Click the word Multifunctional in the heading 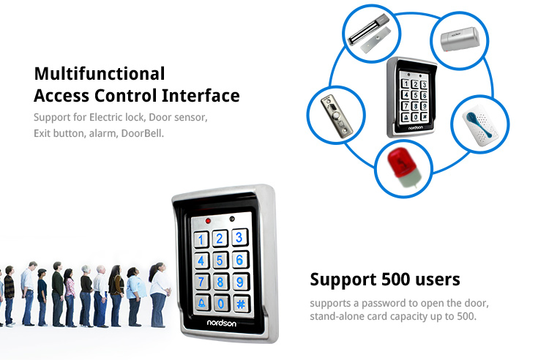[100, 74]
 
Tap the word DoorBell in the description [142, 133]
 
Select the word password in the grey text [385, 303]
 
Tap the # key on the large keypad [241, 304]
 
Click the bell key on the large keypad [202, 303]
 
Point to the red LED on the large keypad [208, 221]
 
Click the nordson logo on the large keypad [221, 323]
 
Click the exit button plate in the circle [336, 116]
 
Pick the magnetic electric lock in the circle [370, 34]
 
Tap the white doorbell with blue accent [479, 124]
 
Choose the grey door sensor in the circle [460, 40]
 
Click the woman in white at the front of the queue [160, 295]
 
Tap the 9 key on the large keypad [240, 282]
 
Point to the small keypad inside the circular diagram [412, 97]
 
